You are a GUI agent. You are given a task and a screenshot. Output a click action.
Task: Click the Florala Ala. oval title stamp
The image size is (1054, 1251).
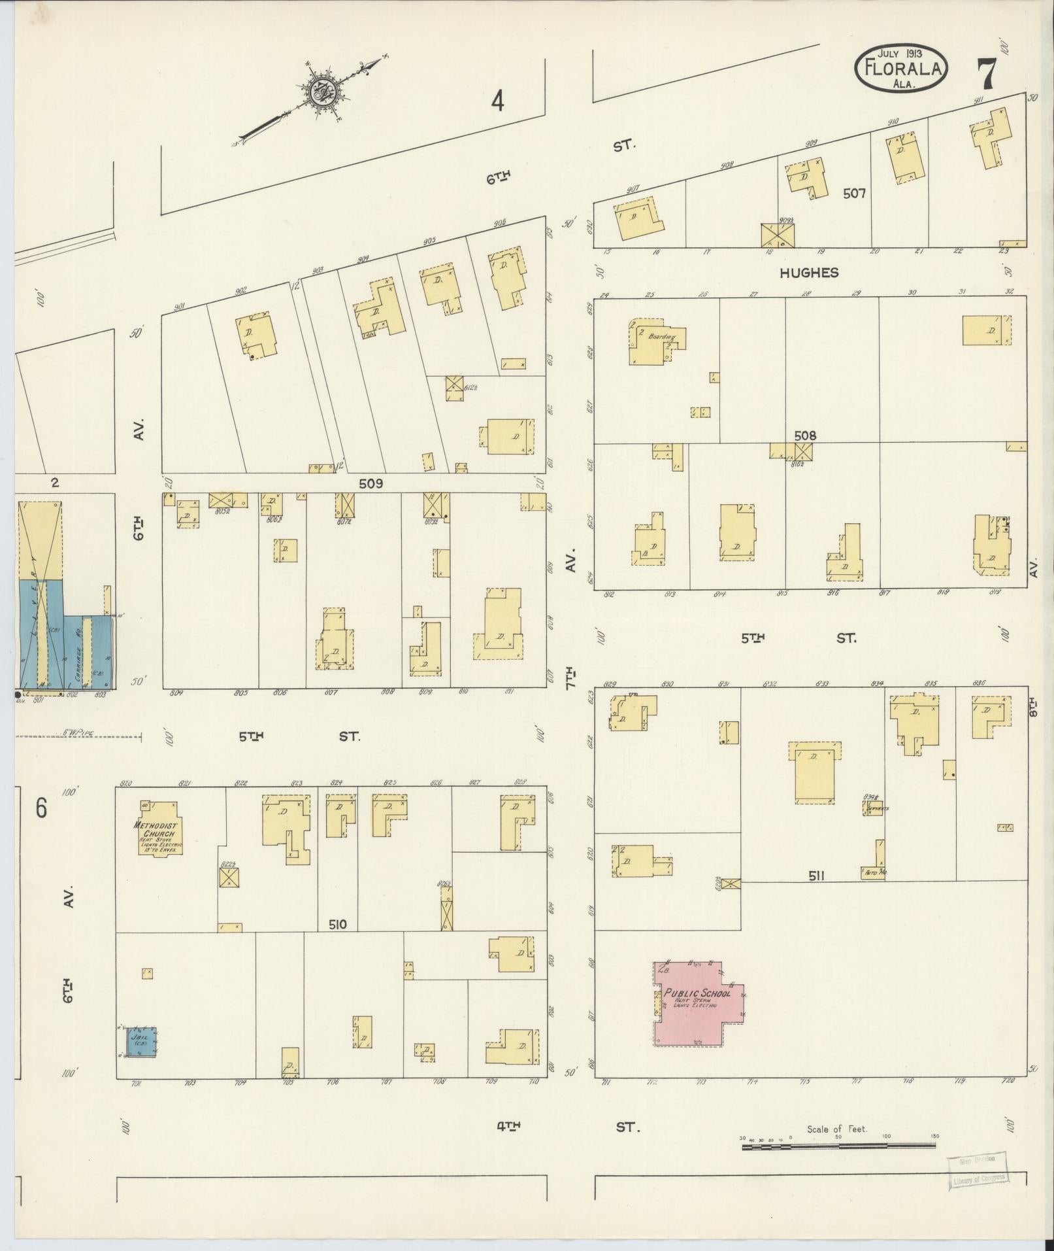[x=901, y=69]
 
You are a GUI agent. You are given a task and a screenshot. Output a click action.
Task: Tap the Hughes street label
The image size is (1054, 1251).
[x=808, y=273]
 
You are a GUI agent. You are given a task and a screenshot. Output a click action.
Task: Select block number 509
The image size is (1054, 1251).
[x=371, y=484]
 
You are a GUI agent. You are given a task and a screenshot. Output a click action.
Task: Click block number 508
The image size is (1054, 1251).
[x=805, y=436]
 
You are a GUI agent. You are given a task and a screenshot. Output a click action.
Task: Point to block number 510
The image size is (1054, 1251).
[x=338, y=924]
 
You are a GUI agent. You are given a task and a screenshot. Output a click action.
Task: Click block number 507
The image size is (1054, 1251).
[x=854, y=194]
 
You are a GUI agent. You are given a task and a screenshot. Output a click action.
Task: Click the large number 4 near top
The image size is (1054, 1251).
[x=498, y=101]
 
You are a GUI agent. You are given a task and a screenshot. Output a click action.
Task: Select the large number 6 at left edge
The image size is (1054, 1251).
[x=41, y=809]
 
